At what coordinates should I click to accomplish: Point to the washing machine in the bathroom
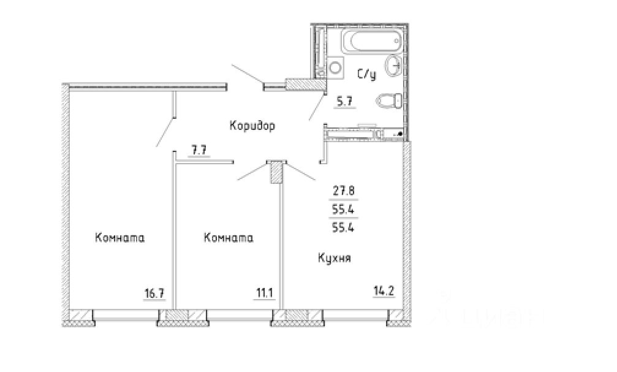pos(335,67)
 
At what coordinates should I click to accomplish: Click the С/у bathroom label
pos(366,75)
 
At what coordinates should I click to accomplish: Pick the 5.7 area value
pos(343,104)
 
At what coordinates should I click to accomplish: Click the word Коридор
pos(252,126)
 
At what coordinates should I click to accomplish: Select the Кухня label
pos(334,258)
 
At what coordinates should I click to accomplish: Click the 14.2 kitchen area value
pos(384,290)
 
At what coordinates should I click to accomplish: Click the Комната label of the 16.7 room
pos(119,238)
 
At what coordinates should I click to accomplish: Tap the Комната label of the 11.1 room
pos(229,238)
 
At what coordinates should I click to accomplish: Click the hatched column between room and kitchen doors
pos(277,173)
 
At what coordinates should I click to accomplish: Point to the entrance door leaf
pos(247,75)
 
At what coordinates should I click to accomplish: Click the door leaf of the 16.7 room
pos(165,131)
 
